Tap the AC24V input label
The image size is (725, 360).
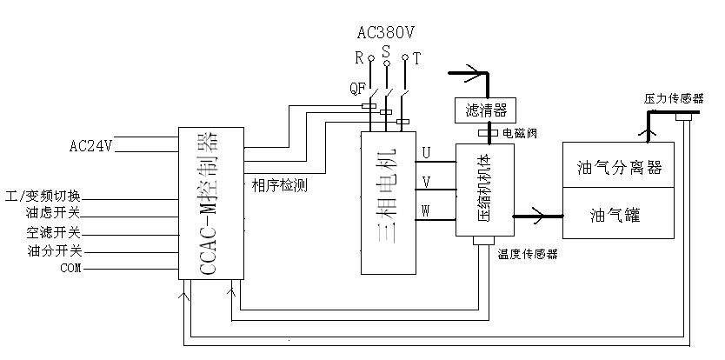click(x=91, y=146)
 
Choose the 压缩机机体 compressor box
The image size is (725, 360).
click(x=485, y=190)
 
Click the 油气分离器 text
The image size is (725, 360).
click(x=619, y=166)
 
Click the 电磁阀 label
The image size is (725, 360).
click(x=520, y=133)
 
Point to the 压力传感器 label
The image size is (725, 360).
click(x=674, y=99)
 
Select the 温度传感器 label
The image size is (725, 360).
click(x=527, y=255)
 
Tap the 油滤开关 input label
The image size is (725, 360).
click(x=53, y=214)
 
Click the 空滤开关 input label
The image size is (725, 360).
click(x=53, y=233)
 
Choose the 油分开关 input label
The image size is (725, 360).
click(x=53, y=251)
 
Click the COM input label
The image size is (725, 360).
click(x=70, y=269)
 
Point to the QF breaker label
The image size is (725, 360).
click(x=356, y=88)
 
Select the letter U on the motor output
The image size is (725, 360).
click(x=426, y=153)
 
